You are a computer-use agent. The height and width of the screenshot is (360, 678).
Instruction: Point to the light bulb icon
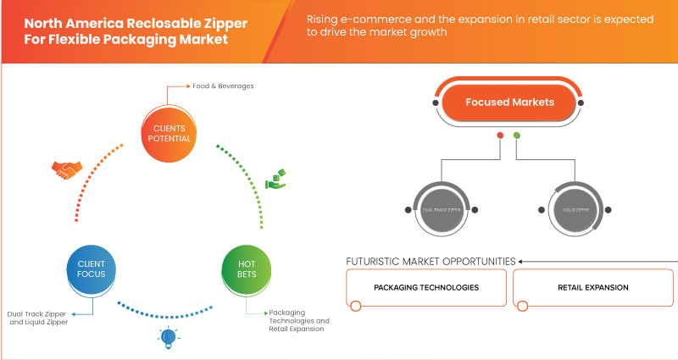pos(165,338)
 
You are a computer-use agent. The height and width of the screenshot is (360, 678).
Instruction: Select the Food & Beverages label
pos(205,86)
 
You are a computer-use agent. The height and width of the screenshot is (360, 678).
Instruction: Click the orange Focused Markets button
pos(509,102)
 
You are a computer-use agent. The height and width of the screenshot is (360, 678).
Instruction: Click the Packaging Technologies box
pos(426,288)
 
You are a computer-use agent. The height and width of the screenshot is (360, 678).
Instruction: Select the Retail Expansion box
pos(592,288)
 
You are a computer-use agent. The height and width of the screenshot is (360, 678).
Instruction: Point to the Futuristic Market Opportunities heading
pos(431,261)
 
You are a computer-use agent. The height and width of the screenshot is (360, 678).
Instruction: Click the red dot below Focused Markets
pos(501,135)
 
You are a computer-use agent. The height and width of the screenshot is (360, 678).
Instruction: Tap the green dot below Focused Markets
pos(517,135)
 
